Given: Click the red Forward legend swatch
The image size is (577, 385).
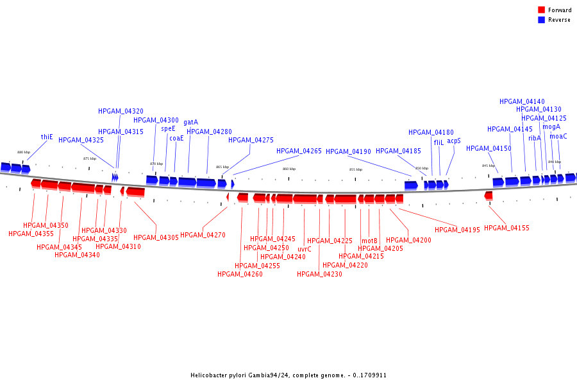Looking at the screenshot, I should click(541, 10).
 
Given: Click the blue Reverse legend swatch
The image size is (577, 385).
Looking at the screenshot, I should click(541, 20).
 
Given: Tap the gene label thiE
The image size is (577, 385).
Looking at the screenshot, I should click(47, 137).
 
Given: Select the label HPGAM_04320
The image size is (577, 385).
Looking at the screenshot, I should click(121, 111).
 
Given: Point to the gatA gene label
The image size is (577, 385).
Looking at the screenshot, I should click(190, 122).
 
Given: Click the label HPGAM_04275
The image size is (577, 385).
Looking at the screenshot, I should click(251, 140).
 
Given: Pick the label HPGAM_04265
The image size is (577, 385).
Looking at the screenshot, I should click(299, 151).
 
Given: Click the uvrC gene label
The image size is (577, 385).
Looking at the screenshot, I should click(305, 249).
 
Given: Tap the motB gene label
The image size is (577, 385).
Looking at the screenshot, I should click(369, 241).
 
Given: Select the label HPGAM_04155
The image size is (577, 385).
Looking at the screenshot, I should click(506, 228).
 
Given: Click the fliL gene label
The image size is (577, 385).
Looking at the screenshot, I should click(439, 142).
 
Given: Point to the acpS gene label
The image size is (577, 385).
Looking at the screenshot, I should click(454, 141).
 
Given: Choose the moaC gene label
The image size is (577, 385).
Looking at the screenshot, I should click(558, 136).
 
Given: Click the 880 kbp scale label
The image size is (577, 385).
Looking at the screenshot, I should click(23, 152).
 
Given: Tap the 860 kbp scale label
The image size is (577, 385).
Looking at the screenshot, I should click(289, 169).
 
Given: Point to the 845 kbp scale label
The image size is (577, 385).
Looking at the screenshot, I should click(489, 166).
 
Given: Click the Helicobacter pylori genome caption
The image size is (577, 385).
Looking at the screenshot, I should click(288, 375).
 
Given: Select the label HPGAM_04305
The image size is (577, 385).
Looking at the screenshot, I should click(156, 237).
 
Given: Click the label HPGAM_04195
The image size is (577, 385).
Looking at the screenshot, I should click(457, 230).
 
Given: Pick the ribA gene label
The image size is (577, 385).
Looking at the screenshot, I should click(535, 138).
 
